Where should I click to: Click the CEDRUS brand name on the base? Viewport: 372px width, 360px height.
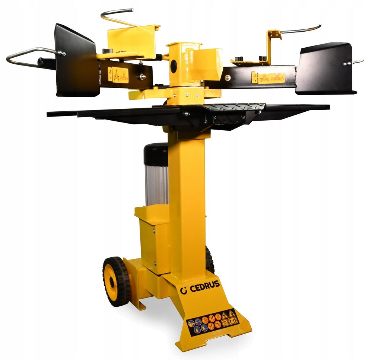(205, 287)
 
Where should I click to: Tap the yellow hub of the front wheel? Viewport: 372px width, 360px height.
(111, 281)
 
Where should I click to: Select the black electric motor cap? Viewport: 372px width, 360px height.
(156, 154)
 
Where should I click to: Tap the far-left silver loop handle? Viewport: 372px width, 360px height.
(31, 58)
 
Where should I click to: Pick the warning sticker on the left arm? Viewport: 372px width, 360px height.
(118, 75)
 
